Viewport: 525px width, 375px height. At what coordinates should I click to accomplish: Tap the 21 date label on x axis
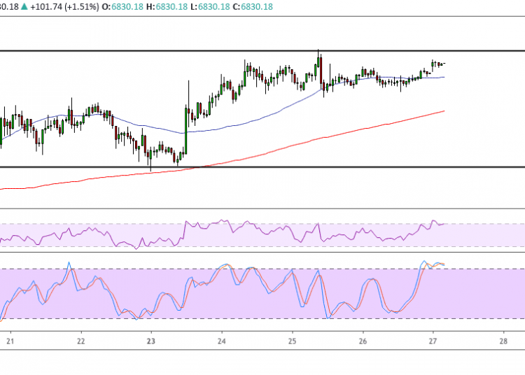pos(10,341)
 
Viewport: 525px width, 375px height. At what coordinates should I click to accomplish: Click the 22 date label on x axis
pos(80,341)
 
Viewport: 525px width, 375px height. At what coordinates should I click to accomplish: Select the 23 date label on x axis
pos(150,341)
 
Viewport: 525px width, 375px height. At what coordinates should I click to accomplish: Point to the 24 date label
pos(221,341)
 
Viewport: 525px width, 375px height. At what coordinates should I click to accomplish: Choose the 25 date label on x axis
pos(292,341)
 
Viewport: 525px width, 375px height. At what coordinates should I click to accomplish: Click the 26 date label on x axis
pos(363,341)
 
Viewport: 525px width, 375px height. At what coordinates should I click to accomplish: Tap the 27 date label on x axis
pos(433,341)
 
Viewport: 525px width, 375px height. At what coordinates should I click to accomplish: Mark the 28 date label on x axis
pos(503,341)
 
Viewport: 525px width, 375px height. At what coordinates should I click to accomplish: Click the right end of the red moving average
pos(444,111)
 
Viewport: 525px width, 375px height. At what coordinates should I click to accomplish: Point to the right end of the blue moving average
pos(444,77)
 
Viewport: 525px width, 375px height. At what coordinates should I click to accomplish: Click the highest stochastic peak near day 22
pos(69,263)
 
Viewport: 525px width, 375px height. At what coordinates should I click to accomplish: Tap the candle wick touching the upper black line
pos(318,52)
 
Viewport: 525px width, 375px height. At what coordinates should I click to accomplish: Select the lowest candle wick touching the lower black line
pos(150,168)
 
